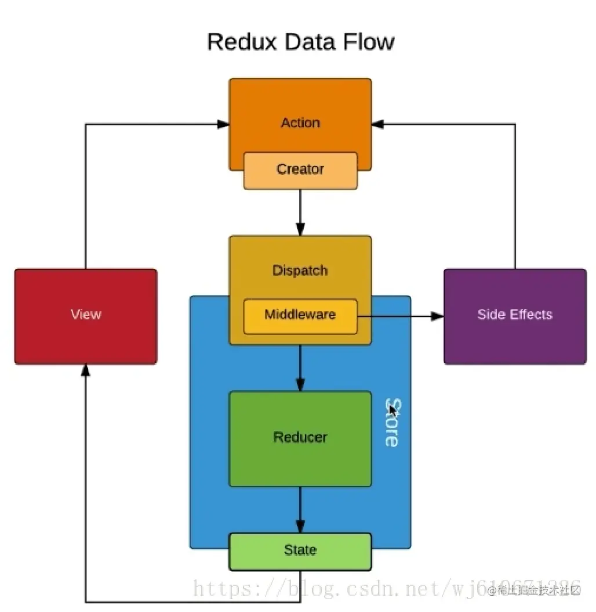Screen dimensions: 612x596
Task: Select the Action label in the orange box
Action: click(300, 123)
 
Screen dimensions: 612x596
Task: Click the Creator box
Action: click(300, 170)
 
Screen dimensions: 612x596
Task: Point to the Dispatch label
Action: click(300, 271)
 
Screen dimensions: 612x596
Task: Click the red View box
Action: click(86, 316)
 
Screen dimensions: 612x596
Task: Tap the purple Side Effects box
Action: click(515, 316)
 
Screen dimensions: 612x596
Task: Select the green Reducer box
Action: click(300, 438)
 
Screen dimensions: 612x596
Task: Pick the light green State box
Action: click(300, 550)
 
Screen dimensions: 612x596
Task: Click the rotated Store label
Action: click(393, 423)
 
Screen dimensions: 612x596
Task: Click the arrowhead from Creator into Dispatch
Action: click(300, 229)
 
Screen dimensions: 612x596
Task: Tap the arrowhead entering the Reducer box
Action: click(300, 385)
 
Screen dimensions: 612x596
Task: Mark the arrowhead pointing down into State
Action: click(300, 527)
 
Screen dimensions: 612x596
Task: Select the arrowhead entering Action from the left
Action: click(223, 124)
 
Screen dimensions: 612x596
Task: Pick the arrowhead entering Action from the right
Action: click(378, 124)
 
